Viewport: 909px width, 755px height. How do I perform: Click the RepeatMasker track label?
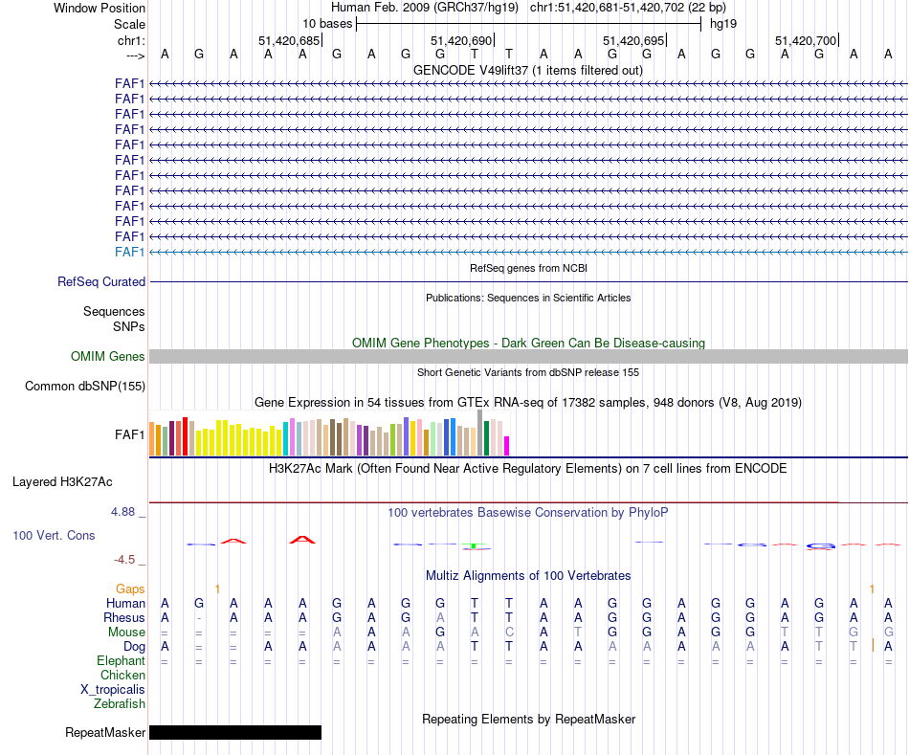[x=105, y=733]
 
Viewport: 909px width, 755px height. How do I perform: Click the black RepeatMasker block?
[x=235, y=733]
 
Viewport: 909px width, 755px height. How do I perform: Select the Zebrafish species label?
[x=120, y=703]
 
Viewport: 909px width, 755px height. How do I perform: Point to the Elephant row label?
[x=121, y=661]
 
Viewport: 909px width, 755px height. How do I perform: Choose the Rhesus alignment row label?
[x=124, y=618]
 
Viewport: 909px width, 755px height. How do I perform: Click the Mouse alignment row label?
[x=126, y=633]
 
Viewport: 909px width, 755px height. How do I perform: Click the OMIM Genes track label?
[x=108, y=357]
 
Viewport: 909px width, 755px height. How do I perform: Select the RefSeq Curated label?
[x=101, y=282]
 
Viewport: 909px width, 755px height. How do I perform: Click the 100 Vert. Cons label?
[x=54, y=536]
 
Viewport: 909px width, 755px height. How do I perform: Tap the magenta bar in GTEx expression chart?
[x=507, y=446]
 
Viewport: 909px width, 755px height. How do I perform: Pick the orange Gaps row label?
[x=130, y=588]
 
